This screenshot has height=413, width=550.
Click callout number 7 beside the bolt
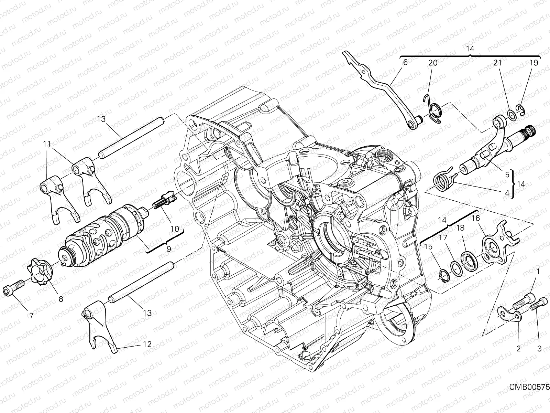tap(31, 315)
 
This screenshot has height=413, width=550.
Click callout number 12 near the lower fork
tap(147, 344)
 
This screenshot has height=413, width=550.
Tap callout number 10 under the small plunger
tap(174, 229)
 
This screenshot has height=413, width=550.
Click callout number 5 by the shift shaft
tap(507, 175)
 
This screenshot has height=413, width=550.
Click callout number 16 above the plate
tap(475, 218)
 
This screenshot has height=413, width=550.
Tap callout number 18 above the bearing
tap(461, 228)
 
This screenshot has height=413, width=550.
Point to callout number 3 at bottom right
tap(539, 349)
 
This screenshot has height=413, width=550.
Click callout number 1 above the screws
tap(538, 272)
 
